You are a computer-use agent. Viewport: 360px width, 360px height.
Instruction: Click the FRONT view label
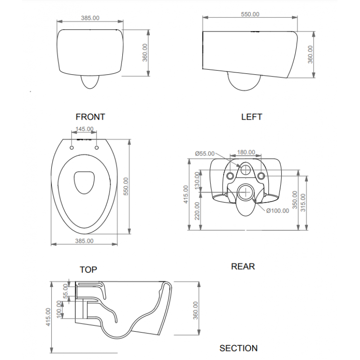pos(90,117)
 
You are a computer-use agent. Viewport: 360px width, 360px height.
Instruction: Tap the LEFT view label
pos(252,117)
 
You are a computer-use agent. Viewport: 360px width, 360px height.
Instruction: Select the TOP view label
pos(88,270)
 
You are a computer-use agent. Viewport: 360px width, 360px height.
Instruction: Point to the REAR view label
pos(243,266)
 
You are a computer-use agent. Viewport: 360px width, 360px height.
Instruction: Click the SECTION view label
pos(238,348)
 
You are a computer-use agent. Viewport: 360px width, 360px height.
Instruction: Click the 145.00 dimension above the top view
pos(85,129)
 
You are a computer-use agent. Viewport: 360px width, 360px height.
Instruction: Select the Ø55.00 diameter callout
pos(205,153)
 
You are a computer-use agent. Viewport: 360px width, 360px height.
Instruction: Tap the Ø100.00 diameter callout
pos(278,211)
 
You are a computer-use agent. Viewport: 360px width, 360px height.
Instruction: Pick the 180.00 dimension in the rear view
pos(246,152)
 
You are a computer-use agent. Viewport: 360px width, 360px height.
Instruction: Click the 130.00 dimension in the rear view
pos(198,180)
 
